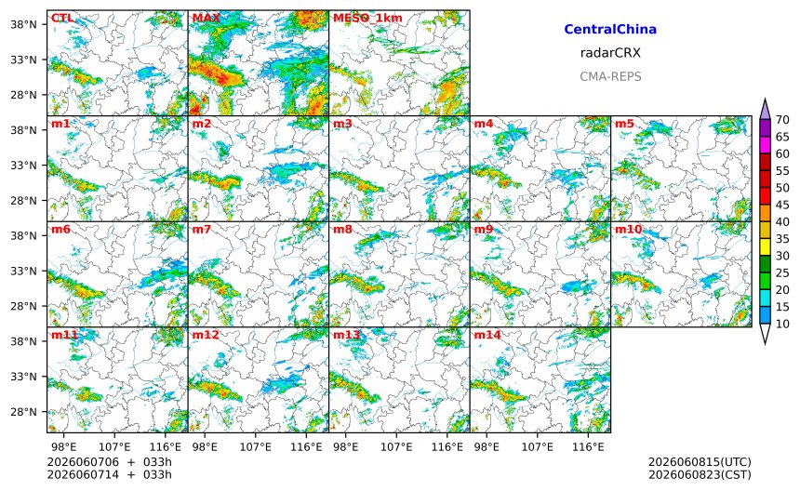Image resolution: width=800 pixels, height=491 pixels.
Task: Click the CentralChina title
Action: click(x=610, y=29)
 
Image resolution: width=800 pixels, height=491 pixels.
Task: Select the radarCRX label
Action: click(x=610, y=52)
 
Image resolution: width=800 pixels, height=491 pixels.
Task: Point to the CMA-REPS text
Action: click(x=610, y=76)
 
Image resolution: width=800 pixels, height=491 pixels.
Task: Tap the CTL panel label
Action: click(x=62, y=18)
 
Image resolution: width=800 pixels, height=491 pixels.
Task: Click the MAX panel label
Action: click(x=207, y=18)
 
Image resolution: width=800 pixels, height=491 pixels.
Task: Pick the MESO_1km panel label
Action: click(x=367, y=18)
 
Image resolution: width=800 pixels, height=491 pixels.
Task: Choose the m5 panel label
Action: click(x=624, y=124)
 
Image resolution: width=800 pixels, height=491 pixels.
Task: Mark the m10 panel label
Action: click(x=628, y=229)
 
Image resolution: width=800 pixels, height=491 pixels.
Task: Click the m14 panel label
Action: click(x=487, y=335)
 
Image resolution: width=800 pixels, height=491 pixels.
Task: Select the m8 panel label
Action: click(x=342, y=229)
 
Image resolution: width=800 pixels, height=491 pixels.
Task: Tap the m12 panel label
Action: click(x=205, y=335)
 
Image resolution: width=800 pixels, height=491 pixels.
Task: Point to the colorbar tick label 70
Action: click(x=782, y=120)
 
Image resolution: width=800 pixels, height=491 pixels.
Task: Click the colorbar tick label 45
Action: click(x=782, y=205)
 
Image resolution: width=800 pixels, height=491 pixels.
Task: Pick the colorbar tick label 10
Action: click(x=782, y=324)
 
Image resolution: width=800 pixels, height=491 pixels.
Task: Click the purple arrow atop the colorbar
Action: click(x=765, y=109)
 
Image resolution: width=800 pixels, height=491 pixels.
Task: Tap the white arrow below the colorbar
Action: click(x=765, y=334)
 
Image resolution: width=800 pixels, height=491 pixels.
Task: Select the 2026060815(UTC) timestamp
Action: click(x=700, y=462)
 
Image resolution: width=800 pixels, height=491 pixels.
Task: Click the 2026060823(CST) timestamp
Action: click(x=700, y=474)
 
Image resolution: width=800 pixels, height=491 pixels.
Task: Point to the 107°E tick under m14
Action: click(x=538, y=447)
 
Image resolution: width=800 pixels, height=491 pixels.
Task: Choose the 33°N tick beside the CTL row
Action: click(x=23, y=60)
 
